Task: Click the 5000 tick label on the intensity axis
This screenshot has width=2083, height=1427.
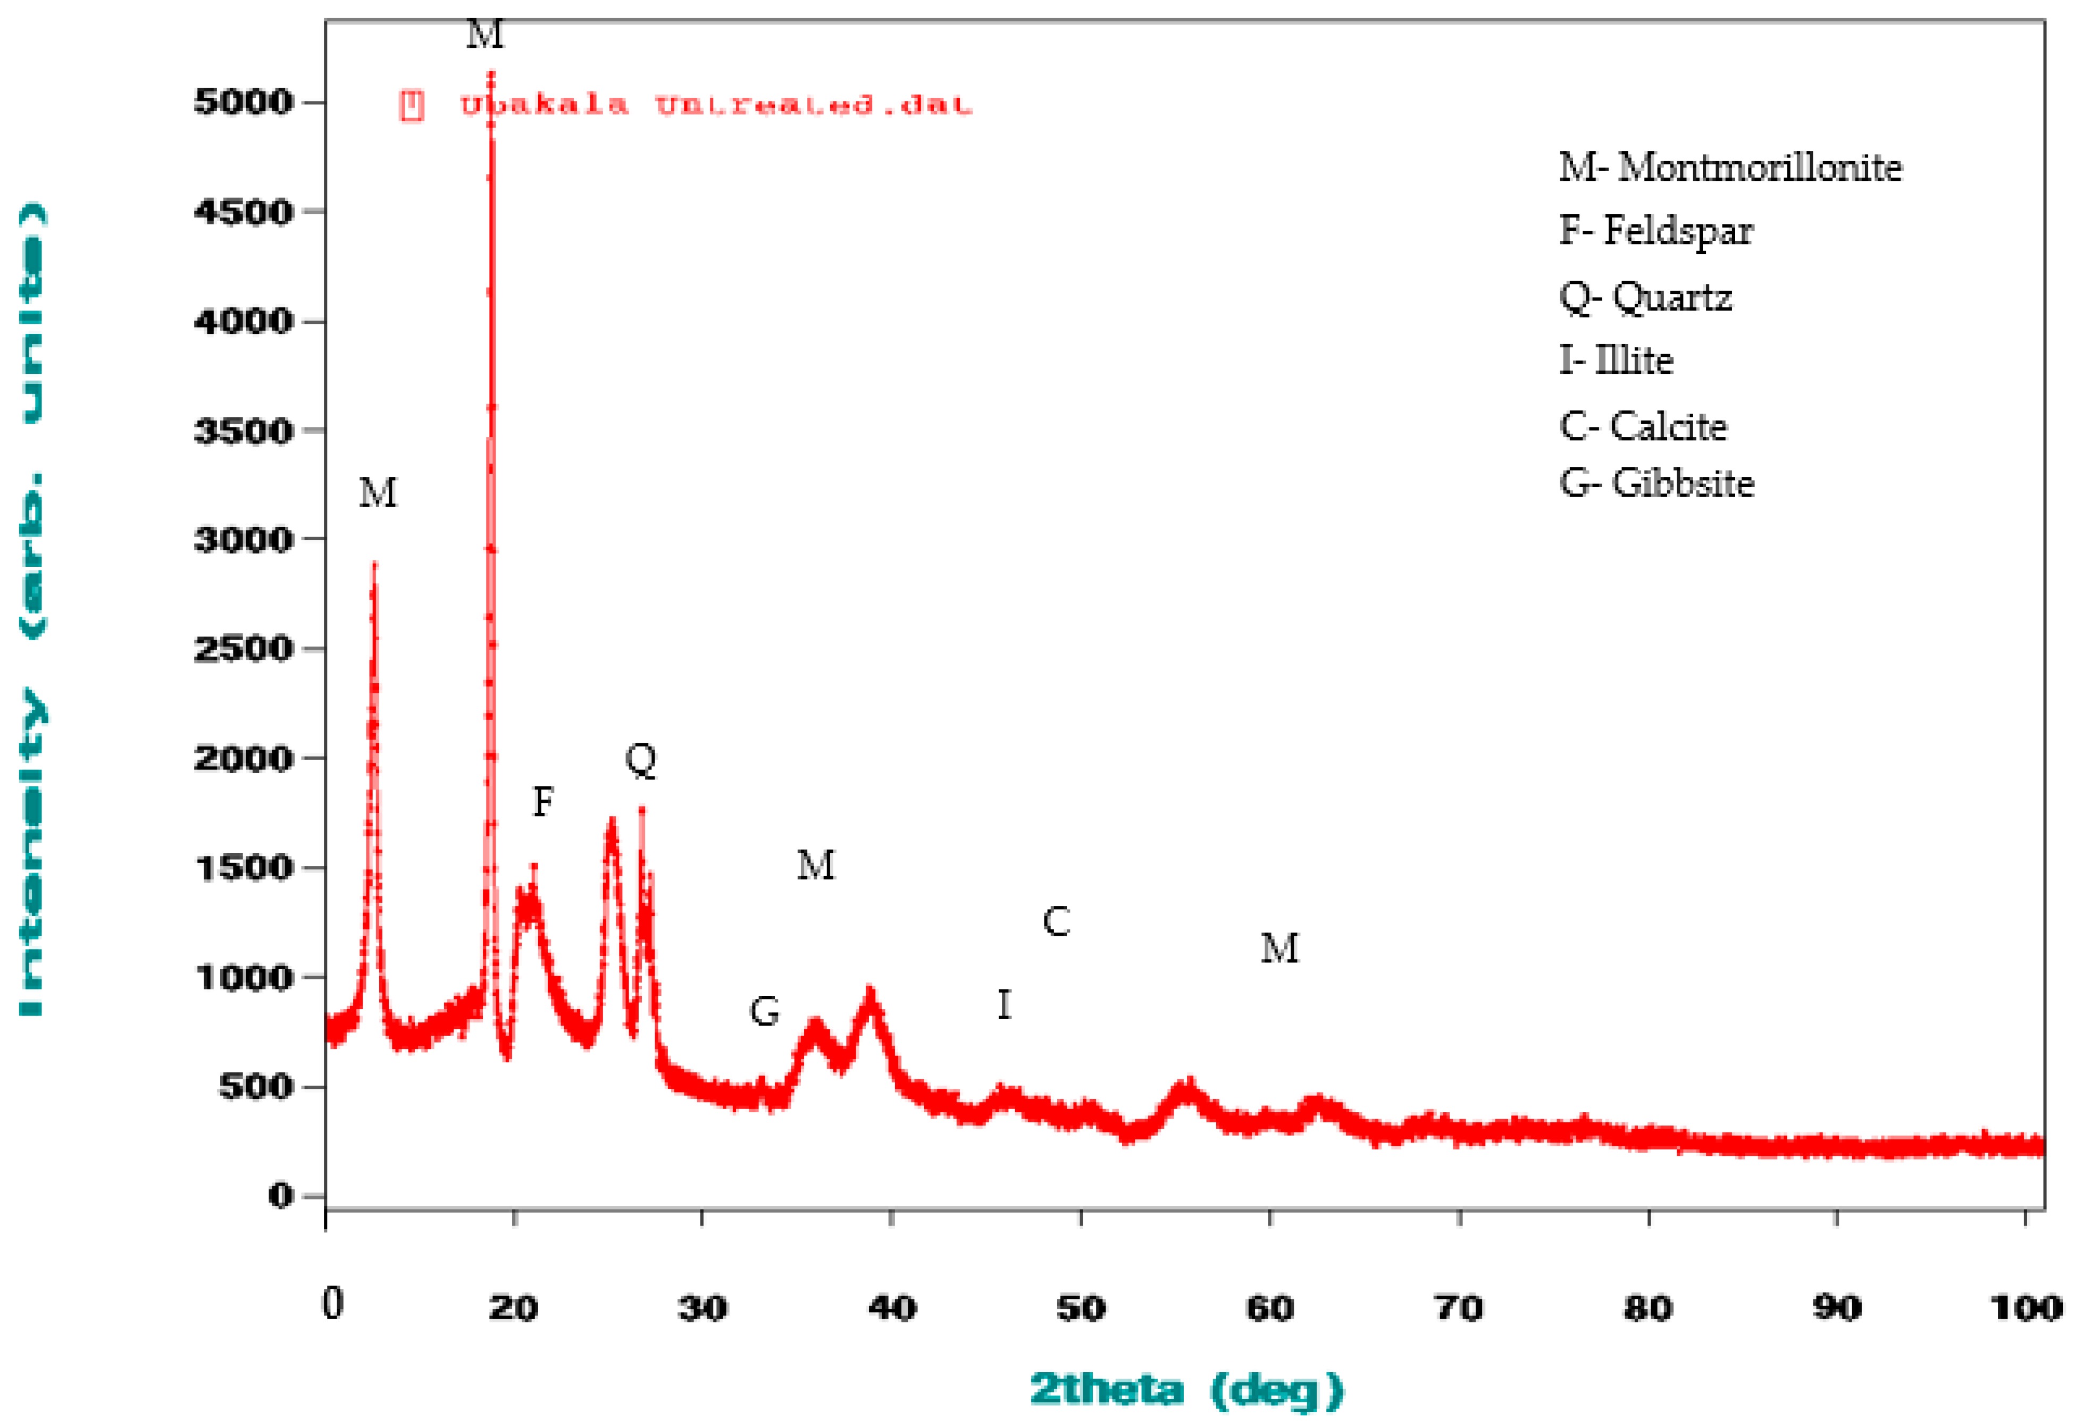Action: pos(243,102)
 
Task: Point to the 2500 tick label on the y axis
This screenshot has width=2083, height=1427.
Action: pos(243,649)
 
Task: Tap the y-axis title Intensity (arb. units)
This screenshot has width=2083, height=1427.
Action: pos(32,609)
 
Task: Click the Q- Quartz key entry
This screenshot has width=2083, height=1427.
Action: pos(1645,297)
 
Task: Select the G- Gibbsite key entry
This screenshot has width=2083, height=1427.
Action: pos(1657,483)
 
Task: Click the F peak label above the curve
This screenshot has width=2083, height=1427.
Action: pos(543,801)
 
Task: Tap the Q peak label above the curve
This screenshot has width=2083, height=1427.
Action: pos(641,760)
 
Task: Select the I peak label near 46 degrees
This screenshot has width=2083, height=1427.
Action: pos(1004,1005)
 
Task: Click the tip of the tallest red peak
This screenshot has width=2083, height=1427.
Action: pos(491,73)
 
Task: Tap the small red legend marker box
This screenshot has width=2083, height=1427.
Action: pos(412,105)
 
